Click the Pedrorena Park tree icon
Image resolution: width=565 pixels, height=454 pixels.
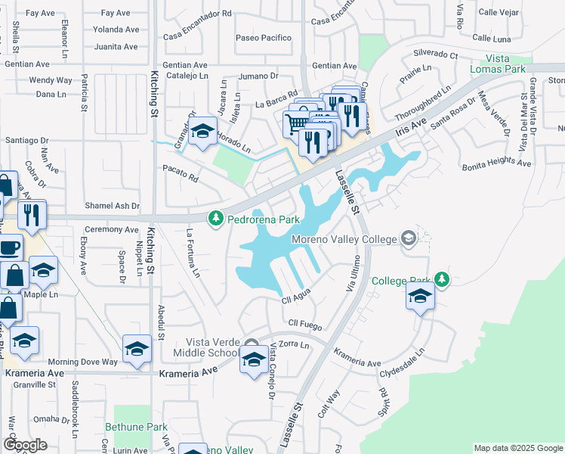coord(216,219)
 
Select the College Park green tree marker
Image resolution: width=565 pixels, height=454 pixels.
coord(442,280)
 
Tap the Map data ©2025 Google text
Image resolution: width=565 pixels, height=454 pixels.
coord(517,448)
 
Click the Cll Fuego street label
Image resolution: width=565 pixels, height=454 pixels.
coord(305,324)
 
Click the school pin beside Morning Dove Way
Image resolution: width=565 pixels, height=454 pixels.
coord(137,349)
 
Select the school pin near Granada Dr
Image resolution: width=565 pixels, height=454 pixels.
coord(202,132)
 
